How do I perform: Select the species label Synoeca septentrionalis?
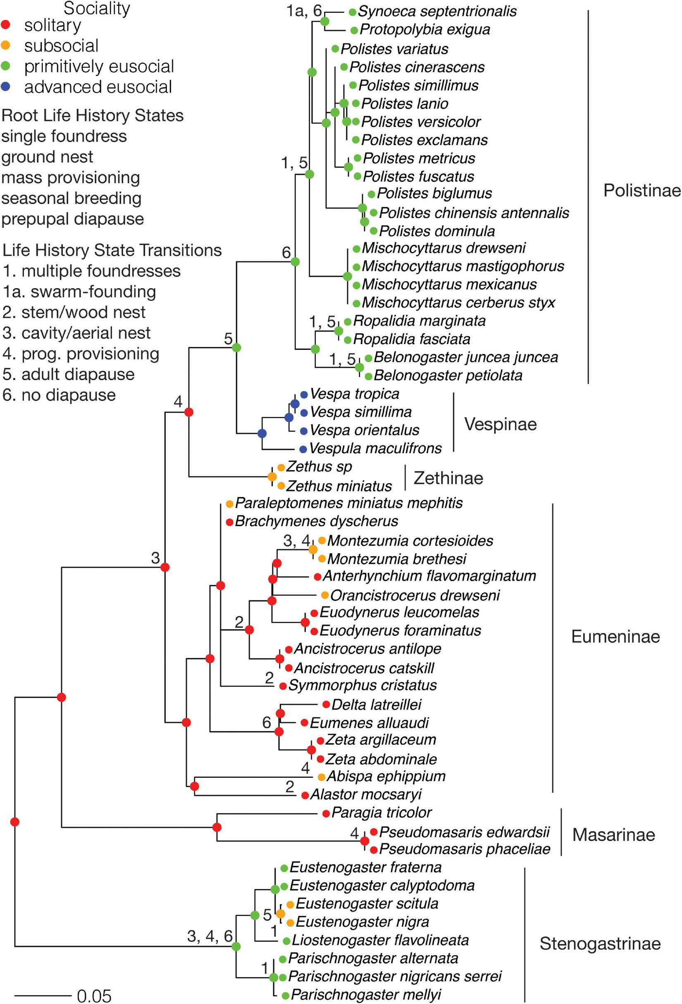[437, 12]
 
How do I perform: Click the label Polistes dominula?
[436, 231]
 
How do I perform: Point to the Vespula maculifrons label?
[375, 448]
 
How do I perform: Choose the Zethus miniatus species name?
[339, 486]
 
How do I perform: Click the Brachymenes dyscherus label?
[316, 521]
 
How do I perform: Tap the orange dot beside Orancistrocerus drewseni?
[325, 595]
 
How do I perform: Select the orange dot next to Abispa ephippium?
[321, 777]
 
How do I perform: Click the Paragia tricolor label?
[382, 813]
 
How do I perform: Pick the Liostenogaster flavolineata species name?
[380, 940]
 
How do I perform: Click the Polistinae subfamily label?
[642, 191]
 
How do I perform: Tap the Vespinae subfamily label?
[500, 424]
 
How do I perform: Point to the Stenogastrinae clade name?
[600, 944]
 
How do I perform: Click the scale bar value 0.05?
[94, 996]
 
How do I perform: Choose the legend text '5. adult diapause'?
[68, 374]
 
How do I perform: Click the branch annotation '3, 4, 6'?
[210, 936]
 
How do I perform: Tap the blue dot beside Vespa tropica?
[304, 394]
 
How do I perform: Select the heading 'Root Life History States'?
[93, 115]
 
